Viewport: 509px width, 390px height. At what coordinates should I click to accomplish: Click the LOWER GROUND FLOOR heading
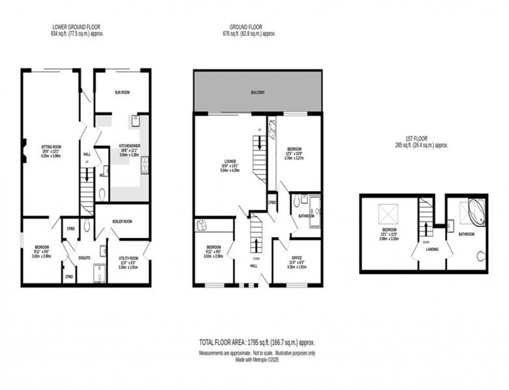point(76,27)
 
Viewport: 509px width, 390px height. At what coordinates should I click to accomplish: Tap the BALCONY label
point(257,92)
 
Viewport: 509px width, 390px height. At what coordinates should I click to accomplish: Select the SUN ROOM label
point(122,92)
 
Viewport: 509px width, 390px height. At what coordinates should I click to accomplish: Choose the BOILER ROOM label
point(123,221)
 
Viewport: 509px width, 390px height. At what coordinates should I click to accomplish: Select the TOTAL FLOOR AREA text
point(257,343)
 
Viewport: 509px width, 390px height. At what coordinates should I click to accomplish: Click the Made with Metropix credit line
point(257,358)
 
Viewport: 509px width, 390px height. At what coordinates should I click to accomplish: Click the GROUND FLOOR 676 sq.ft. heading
point(246,27)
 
